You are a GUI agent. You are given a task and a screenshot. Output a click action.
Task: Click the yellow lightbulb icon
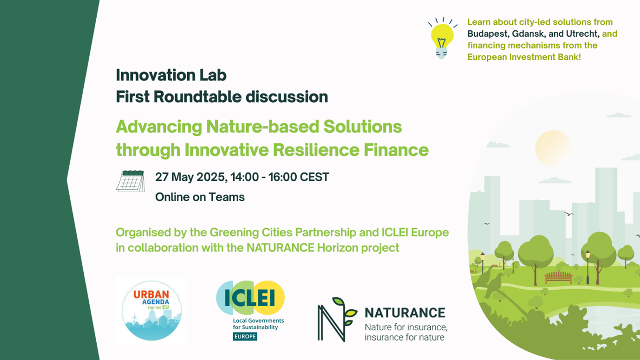tap(442, 38)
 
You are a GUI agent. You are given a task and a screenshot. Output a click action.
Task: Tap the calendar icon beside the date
tap(131, 181)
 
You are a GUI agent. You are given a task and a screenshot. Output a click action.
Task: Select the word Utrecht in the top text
tap(582, 34)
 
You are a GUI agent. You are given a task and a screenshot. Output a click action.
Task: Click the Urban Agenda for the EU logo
tap(152, 311)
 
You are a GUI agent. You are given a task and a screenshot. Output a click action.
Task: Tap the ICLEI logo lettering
tap(250, 298)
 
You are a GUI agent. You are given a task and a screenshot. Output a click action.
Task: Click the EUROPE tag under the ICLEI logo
tap(245, 336)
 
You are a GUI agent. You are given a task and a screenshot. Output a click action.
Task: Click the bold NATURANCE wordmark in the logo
tap(405, 313)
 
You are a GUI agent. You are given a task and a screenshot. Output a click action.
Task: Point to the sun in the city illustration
tap(554, 149)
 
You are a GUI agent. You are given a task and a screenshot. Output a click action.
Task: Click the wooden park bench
tap(559, 277)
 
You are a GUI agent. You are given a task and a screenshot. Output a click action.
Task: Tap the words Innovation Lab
tap(171, 75)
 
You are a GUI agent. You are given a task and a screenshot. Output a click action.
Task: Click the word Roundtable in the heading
tap(198, 97)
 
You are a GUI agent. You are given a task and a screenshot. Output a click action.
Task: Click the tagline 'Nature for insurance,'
tap(406, 327)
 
